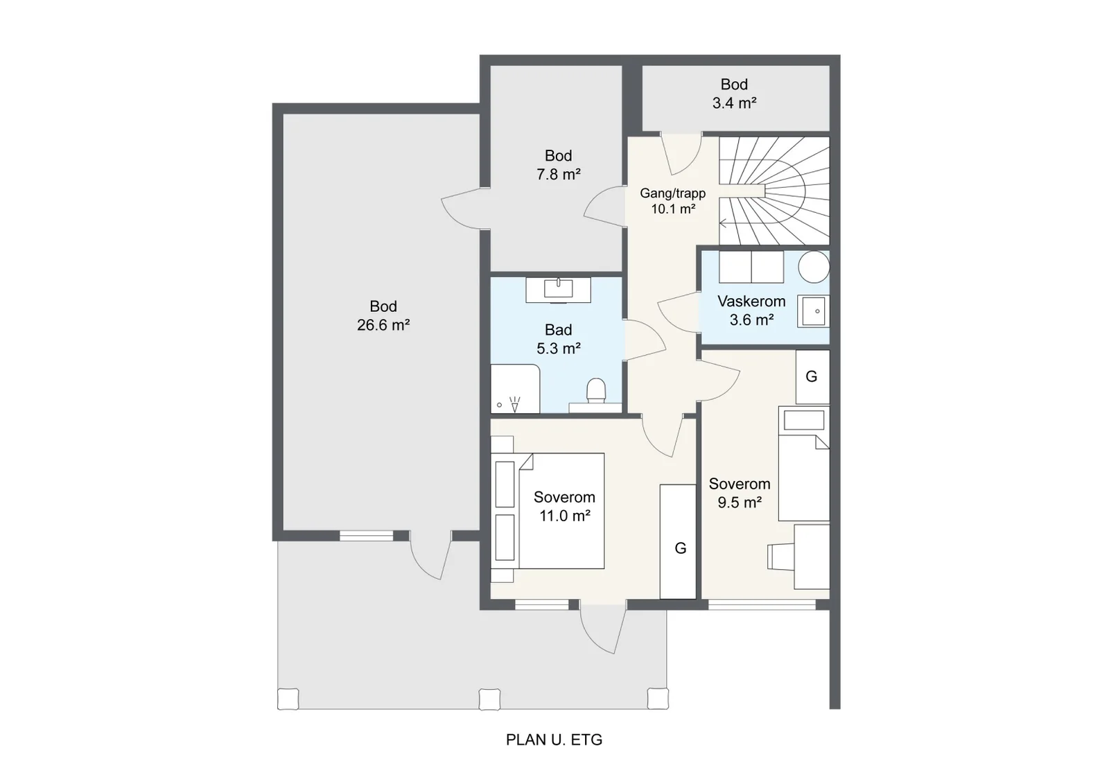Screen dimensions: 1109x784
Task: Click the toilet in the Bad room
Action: coord(596,390)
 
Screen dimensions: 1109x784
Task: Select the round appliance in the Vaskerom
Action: coord(814,267)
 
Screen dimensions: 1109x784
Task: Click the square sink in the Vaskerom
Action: coord(814,311)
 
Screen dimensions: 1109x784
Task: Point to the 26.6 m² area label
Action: coord(383,325)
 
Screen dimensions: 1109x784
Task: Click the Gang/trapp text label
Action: coord(672,193)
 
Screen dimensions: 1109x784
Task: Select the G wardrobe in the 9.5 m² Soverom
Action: coord(812,377)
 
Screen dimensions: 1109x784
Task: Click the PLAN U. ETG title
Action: coord(554,740)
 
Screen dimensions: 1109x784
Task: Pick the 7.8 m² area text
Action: coord(559,174)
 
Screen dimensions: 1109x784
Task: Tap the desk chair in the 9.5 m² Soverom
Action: coord(780,557)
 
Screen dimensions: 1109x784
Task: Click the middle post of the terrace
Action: coord(489,699)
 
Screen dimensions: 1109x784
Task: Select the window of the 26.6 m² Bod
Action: coord(367,535)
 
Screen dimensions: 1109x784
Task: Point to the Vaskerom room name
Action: coord(751,301)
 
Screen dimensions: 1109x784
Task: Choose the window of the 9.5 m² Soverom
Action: coord(762,604)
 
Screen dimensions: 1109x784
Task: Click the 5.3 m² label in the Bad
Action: coord(559,349)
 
